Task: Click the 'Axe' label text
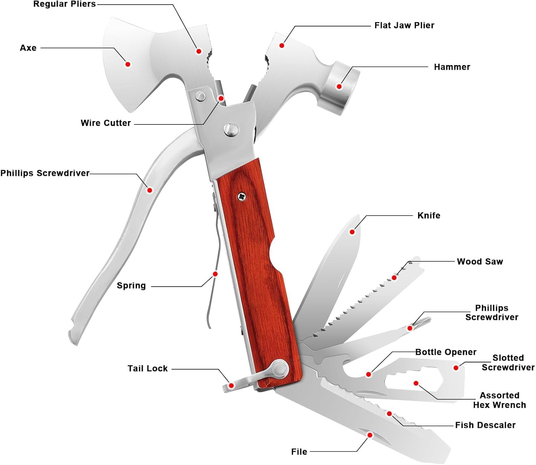pos(28,48)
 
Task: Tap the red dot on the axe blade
pos(128,64)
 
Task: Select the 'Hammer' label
pos(452,67)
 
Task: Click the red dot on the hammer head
pos(339,86)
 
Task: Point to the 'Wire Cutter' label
pos(106,123)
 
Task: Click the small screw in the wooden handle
pos(242,196)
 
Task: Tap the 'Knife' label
pos(429,216)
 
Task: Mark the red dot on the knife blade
pos(352,232)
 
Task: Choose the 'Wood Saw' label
pos(480,262)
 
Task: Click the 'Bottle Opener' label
pos(446,352)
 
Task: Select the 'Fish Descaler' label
pos(485,425)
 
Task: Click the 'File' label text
pos(299,452)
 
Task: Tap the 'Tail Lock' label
pos(148,368)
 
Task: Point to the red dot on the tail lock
pos(231,386)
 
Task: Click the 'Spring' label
pos(131,286)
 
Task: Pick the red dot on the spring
pos(215,274)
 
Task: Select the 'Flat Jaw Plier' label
pos(404,25)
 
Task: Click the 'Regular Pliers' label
pos(65,4)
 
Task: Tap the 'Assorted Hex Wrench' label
pos(499,400)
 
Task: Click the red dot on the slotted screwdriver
pos(456,367)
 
